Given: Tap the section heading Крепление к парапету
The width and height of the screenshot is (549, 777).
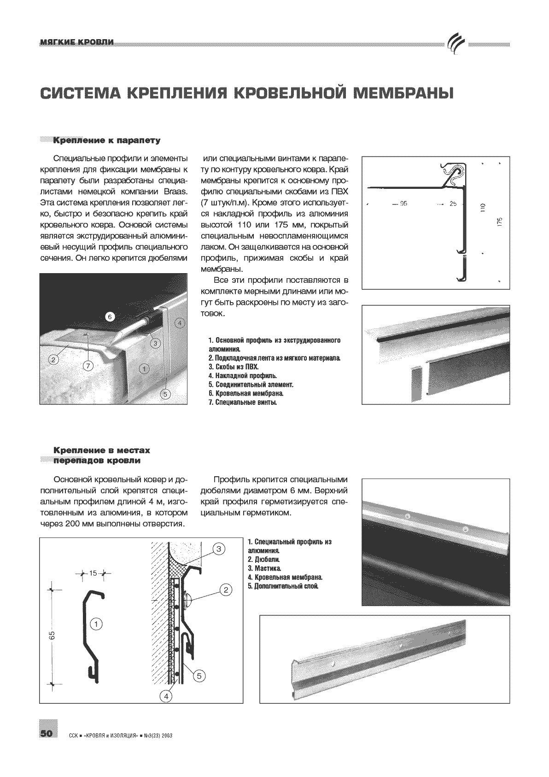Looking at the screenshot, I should (x=107, y=140).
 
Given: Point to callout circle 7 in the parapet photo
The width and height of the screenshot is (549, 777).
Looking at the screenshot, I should (x=88, y=366).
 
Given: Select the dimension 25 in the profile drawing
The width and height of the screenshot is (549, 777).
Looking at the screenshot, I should (x=453, y=204).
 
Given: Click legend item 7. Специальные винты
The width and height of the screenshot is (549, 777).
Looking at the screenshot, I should (x=242, y=403).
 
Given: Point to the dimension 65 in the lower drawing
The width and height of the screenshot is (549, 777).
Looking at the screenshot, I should (x=53, y=635).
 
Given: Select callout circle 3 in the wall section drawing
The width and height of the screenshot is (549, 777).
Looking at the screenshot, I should (x=219, y=549).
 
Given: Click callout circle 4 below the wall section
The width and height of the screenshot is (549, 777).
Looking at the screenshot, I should (x=165, y=696).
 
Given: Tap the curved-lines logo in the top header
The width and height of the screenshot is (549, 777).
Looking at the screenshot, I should (x=456, y=44).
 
